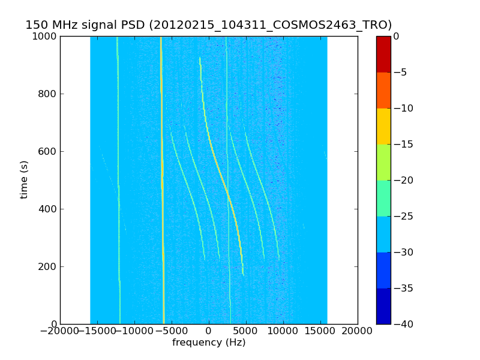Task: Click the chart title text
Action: [208, 25]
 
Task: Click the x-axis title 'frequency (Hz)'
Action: [209, 343]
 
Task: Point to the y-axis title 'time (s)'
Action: [25, 179]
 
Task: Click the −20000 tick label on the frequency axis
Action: [60, 332]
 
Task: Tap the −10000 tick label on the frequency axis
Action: [134, 332]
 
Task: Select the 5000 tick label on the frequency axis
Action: [246, 332]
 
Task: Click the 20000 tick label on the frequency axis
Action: [358, 332]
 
